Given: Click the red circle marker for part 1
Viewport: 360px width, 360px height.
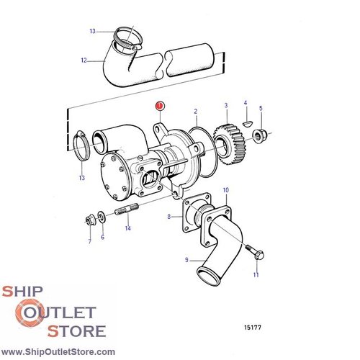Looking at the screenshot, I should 159,107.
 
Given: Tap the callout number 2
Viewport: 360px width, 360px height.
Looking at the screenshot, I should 195,112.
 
